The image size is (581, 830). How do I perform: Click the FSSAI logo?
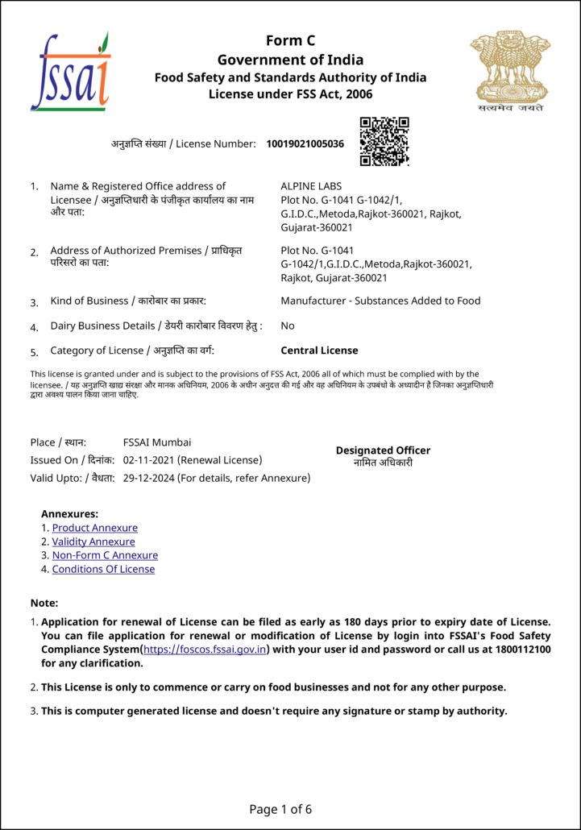click(69, 73)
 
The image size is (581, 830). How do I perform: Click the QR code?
click(384, 142)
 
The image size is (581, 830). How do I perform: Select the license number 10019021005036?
click(305, 144)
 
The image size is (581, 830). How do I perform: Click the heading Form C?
click(290, 41)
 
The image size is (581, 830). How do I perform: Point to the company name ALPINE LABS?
click(310, 186)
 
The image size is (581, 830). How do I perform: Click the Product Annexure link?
click(94, 529)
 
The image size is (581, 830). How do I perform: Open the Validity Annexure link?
click(93, 542)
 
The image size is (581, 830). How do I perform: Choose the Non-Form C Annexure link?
click(105, 556)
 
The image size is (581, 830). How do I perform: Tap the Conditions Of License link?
click(103, 570)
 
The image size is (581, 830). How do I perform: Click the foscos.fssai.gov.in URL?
click(205, 649)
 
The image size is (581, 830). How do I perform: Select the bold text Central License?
click(319, 351)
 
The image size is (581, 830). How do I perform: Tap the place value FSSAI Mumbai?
click(157, 442)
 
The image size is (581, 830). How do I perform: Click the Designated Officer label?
click(383, 450)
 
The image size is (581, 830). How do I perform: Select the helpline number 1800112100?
click(523, 649)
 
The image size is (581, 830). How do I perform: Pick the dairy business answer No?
click(287, 326)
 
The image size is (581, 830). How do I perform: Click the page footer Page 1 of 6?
click(280, 809)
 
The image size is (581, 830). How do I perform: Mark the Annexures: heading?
click(69, 513)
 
